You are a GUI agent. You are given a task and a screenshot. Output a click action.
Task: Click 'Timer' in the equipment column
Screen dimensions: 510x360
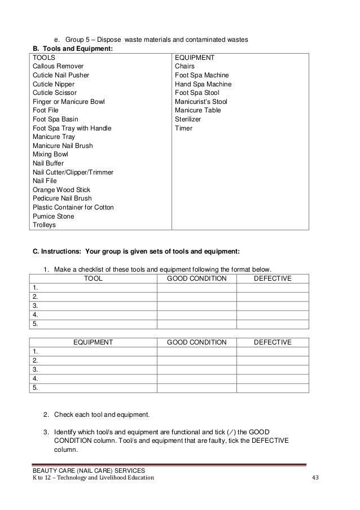click(x=184, y=128)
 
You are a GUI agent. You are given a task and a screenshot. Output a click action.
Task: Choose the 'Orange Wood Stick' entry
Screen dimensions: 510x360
click(x=62, y=189)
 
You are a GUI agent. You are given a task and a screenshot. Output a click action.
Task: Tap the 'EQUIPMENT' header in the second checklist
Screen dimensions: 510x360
click(x=93, y=342)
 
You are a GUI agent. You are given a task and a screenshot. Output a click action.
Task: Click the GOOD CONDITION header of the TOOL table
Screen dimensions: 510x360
click(x=196, y=278)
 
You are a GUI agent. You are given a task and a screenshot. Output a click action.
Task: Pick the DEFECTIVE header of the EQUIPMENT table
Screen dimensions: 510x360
click(x=273, y=342)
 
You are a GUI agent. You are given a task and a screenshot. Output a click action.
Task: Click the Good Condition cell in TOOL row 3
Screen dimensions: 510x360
click(x=196, y=306)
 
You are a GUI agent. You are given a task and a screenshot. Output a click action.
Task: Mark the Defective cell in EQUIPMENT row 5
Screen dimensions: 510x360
click(x=273, y=388)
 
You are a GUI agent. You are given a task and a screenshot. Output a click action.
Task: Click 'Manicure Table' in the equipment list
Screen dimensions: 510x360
click(x=198, y=110)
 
